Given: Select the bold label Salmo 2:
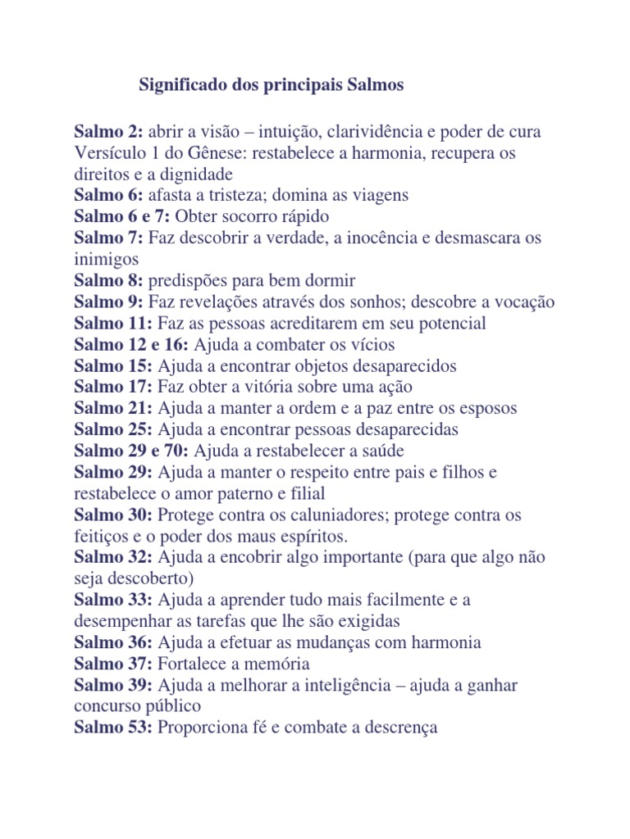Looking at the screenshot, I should click(x=109, y=132).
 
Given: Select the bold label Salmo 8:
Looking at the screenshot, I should click(x=109, y=281).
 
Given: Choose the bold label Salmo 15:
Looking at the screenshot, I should click(x=113, y=366).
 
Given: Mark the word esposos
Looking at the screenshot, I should click(x=487, y=409).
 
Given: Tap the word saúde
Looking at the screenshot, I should click(x=380, y=451).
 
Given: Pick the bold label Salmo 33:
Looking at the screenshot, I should click(x=113, y=601).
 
